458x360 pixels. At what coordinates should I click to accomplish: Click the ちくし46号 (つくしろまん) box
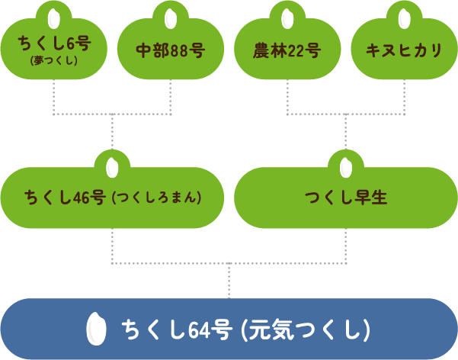(113, 198)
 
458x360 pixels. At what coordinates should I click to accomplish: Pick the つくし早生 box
(346, 198)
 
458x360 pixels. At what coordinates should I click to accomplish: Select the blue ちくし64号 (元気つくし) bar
(229, 329)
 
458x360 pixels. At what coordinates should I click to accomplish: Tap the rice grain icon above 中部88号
(170, 17)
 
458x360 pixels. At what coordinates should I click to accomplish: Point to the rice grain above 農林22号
(287, 17)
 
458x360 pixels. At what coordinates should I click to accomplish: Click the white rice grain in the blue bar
(96, 329)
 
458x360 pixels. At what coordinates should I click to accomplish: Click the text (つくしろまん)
(156, 198)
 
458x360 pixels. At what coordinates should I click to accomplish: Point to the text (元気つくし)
(306, 330)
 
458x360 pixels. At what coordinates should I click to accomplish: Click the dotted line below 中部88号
(170, 98)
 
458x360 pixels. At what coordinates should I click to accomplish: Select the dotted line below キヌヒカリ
(404, 98)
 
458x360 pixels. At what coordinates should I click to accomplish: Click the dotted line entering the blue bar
(229, 281)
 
